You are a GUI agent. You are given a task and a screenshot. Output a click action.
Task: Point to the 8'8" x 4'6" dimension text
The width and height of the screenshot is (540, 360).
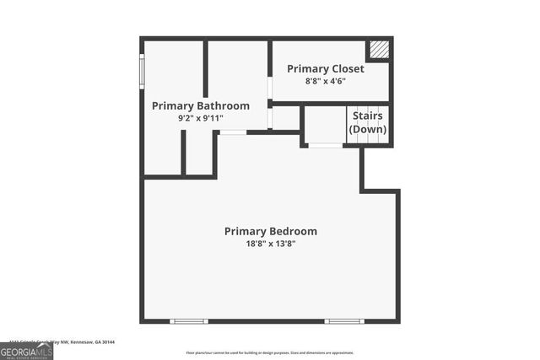click(x=326, y=81)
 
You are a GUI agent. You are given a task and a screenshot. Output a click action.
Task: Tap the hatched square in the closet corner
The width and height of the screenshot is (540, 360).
click(x=381, y=50)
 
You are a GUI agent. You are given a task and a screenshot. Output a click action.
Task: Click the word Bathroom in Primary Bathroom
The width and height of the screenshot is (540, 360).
click(x=223, y=106)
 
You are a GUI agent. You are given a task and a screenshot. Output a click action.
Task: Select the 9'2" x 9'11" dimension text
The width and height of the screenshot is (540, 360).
click(x=200, y=119)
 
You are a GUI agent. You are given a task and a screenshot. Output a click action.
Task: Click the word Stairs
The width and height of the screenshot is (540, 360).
click(x=368, y=116)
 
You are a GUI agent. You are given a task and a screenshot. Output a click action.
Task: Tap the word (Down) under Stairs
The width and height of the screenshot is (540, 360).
click(x=368, y=129)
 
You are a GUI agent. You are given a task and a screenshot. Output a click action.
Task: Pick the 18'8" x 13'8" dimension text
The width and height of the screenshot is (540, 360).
click(x=270, y=244)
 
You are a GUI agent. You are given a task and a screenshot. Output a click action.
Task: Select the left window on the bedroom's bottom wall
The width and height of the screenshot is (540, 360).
click(x=188, y=321)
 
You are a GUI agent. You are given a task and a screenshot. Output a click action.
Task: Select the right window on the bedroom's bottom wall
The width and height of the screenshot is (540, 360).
click(x=344, y=321)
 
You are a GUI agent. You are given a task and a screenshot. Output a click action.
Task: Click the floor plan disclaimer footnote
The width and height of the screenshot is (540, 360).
click(x=270, y=352)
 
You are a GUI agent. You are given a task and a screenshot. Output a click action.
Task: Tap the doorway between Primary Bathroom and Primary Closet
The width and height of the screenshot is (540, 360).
click(x=270, y=89)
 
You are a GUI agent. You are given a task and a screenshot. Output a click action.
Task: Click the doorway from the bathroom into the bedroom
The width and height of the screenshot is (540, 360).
click(x=233, y=132)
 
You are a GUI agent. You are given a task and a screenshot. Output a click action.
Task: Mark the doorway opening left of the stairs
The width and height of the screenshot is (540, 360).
click(x=325, y=146)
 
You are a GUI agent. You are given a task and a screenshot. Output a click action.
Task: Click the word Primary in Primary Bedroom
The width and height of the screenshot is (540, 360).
click(x=244, y=231)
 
